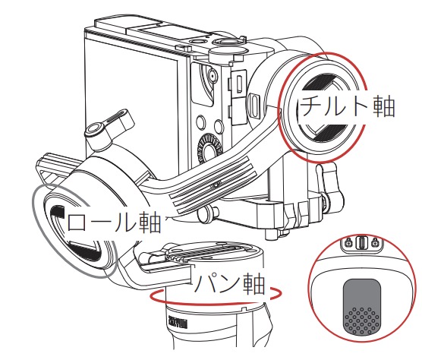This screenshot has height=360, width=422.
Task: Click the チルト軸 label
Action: (347, 106)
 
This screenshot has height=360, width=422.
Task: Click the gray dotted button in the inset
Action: (362, 307)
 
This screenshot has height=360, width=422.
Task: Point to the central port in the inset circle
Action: (361, 243)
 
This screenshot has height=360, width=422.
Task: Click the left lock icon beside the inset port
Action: (348, 242)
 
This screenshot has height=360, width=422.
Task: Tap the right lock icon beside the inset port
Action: (374, 242)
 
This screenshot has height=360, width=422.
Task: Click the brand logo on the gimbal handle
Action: (178, 324)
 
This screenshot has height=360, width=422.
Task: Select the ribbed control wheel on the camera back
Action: (209, 147)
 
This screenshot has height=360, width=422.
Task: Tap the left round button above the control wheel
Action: (201, 122)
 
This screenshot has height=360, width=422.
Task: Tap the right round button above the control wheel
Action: (219, 127)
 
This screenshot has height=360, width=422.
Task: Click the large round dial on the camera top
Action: (228, 51)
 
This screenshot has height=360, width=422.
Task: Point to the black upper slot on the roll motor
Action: (58, 211)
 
